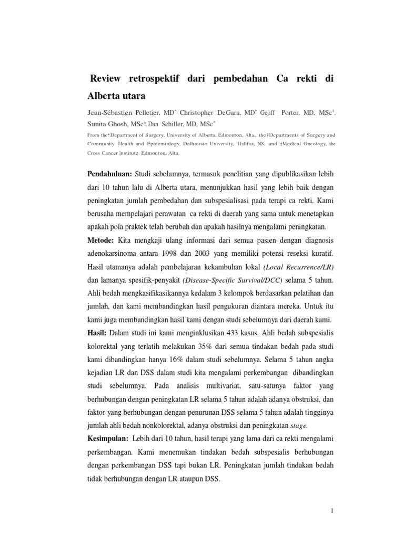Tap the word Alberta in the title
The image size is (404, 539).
pyautogui.click(x=106, y=96)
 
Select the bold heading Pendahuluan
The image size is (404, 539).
pyautogui.click(x=109, y=173)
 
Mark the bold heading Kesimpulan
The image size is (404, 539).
pyautogui.click(x=106, y=438)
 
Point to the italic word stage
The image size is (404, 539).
pyautogui.click(x=298, y=426)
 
